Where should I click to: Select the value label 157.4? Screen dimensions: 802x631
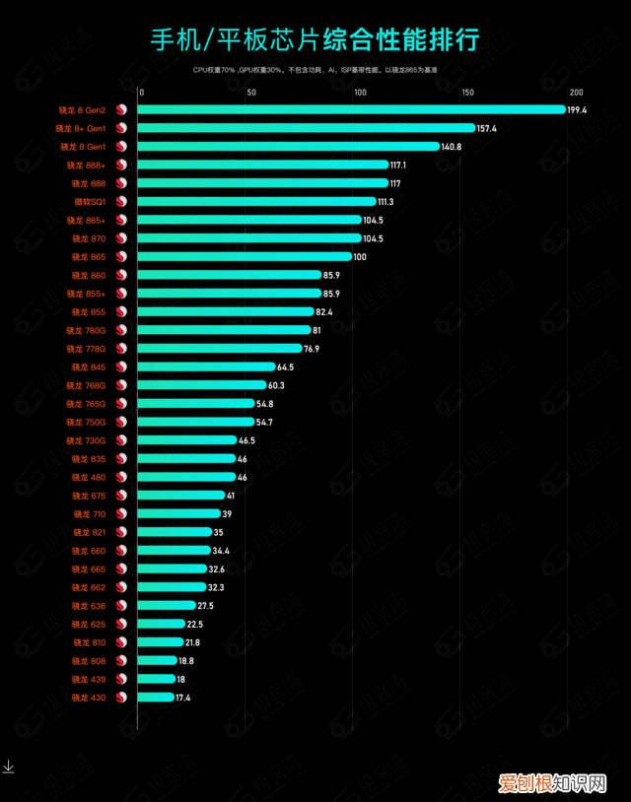click(487, 128)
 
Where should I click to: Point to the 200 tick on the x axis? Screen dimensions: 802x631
click(576, 93)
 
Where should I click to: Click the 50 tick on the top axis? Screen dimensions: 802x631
click(251, 93)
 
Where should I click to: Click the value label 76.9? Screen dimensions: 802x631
click(312, 349)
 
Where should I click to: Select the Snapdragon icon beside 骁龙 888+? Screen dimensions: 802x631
click(122, 165)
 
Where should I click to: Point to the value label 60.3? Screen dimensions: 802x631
click(277, 385)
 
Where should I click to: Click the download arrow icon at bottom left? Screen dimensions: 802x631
click(8, 767)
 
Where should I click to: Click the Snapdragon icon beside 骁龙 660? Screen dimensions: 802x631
click(122, 551)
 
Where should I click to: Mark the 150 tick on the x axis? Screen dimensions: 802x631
click(467, 93)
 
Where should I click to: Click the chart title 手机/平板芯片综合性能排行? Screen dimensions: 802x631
click(315, 40)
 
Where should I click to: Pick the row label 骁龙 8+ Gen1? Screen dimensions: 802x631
click(81, 128)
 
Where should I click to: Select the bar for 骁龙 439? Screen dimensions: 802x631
click(156, 679)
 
